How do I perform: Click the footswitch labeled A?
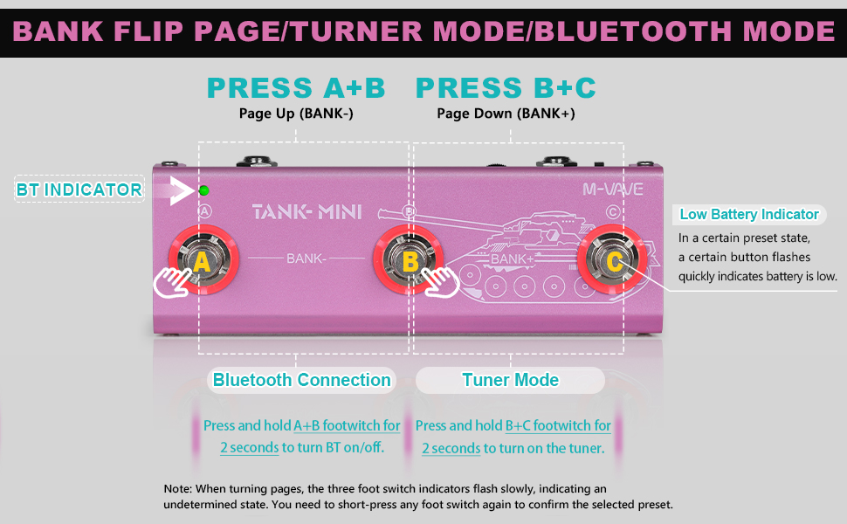coord(202,260)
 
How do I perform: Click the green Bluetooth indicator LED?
coord(203,190)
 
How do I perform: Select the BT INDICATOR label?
coord(79,190)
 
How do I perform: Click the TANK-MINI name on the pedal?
coord(306,211)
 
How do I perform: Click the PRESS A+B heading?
coord(296,88)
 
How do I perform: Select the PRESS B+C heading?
coord(506,88)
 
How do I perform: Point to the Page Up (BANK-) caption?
coord(296,114)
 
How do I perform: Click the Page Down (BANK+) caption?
coord(506,114)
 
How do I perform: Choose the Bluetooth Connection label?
coord(302,380)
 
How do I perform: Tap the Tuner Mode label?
coord(511,380)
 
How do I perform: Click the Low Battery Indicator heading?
coord(749,215)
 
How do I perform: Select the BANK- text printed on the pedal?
coord(305,259)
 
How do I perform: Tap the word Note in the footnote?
coord(177,489)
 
